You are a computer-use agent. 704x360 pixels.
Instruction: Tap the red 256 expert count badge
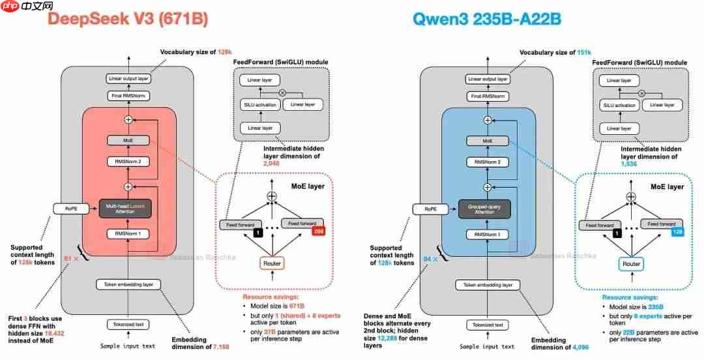click(x=319, y=231)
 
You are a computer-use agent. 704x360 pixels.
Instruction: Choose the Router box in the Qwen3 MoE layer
click(x=631, y=263)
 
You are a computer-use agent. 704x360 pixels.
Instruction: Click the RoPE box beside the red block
click(x=70, y=209)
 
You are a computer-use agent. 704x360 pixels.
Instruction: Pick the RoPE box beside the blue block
click(x=429, y=209)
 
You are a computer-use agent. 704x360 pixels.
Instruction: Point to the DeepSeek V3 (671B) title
click(x=128, y=20)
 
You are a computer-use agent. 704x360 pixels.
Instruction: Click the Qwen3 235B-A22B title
click(x=486, y=20)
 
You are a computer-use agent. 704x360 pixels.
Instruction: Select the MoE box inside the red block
click(x=128, y=141)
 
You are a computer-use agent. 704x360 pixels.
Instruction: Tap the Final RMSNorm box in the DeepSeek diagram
click(x=128, y=96)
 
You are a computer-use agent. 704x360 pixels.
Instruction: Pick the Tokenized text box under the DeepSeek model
click(x=128, y=324)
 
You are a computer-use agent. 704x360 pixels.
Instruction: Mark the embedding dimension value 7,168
click(x=220, y=347)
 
